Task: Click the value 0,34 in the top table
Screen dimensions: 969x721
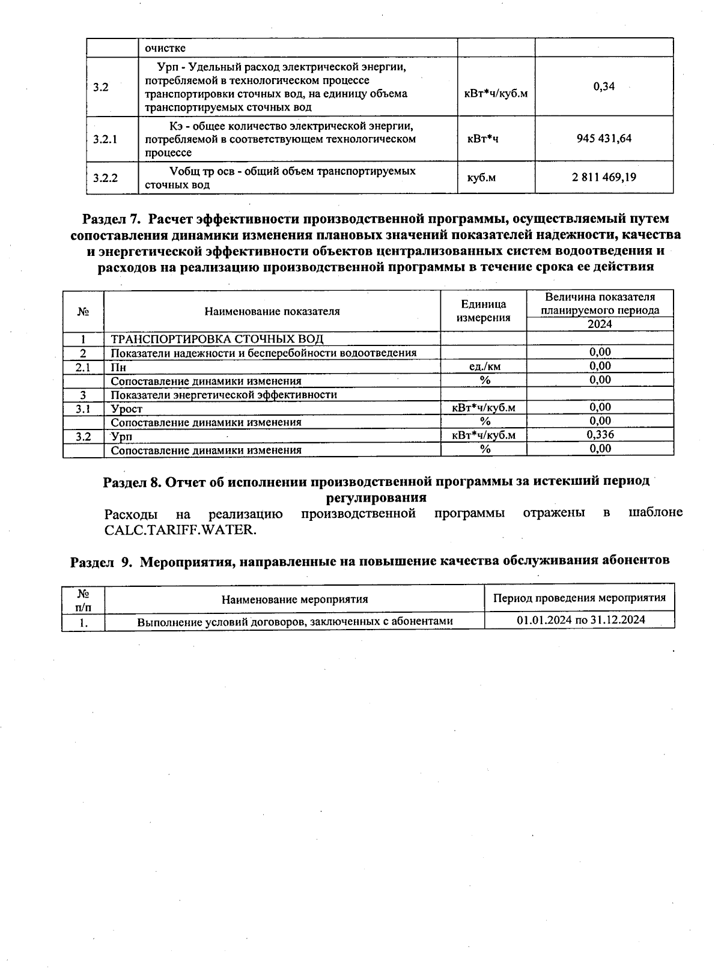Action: [604, 87]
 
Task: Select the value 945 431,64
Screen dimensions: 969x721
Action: [604, 139]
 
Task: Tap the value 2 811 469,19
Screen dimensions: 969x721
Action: [604, 177]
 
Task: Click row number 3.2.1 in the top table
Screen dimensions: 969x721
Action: [106, 139]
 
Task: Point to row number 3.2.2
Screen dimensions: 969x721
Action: [106, 178]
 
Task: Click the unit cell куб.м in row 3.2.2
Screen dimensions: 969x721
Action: [481, 178]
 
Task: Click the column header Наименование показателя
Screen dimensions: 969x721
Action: [272, 311]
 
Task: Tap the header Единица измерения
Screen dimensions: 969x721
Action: [483, 311]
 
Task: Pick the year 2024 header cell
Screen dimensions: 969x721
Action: [600, 324]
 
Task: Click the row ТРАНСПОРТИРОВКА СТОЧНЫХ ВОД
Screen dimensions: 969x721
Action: [217, 339]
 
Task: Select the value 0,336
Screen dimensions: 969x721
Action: [600, 434]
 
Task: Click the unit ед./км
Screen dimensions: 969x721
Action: [484, 366]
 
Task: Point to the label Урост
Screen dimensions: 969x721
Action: [127, 409]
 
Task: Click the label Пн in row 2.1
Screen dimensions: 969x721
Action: [118, 367]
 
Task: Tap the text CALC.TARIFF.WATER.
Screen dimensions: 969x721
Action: [180, 530]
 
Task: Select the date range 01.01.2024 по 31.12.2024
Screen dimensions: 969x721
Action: [580, 620]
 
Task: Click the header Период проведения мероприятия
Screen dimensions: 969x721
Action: [579, 598]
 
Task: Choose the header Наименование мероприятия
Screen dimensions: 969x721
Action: [294, 599]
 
